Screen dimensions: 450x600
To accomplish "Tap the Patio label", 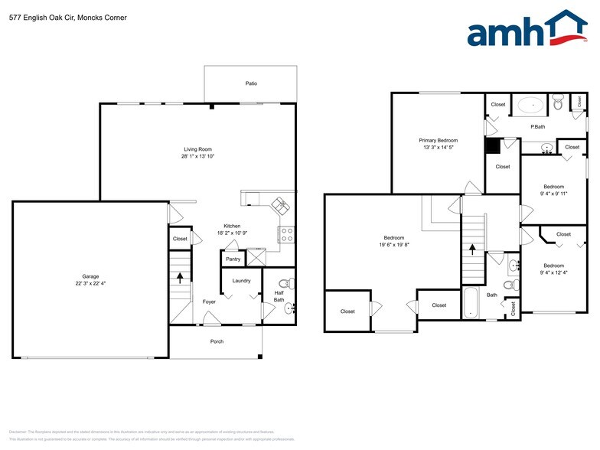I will pyautogui.click(x=251, y=83).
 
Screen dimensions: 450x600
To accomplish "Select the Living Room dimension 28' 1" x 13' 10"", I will pyautogui.click(x=197, y=156).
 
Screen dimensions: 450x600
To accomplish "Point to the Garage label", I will pyautogui.click(x=90, y=276).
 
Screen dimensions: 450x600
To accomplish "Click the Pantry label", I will pyautogui.click(x=233, y=259).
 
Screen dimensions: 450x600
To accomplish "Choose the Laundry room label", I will pyautogui.click(x=242, y=281).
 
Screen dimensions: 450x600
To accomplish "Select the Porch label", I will pyautogui.click(x=217, y=341).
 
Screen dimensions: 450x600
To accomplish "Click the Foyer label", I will pyautogui.click(x=209, y=302).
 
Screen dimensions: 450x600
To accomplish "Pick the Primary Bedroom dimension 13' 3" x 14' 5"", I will pyautogui.click(x=438, y=148).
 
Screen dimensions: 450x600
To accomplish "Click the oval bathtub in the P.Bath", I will pyautogui.click(x=530, y=105).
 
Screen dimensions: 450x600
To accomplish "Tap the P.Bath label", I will pyautogui.click(x=538, y=126).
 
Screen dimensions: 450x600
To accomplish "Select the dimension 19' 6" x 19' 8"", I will pyautogui.click(x=394, y=245).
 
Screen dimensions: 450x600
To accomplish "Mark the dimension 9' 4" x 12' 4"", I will pyautogui.click(x=553, y=272).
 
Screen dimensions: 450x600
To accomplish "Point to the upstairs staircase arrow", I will pyautogui.click(x=472, y=249).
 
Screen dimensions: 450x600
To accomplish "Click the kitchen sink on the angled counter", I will pyautogui.click(x=279, y=205).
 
